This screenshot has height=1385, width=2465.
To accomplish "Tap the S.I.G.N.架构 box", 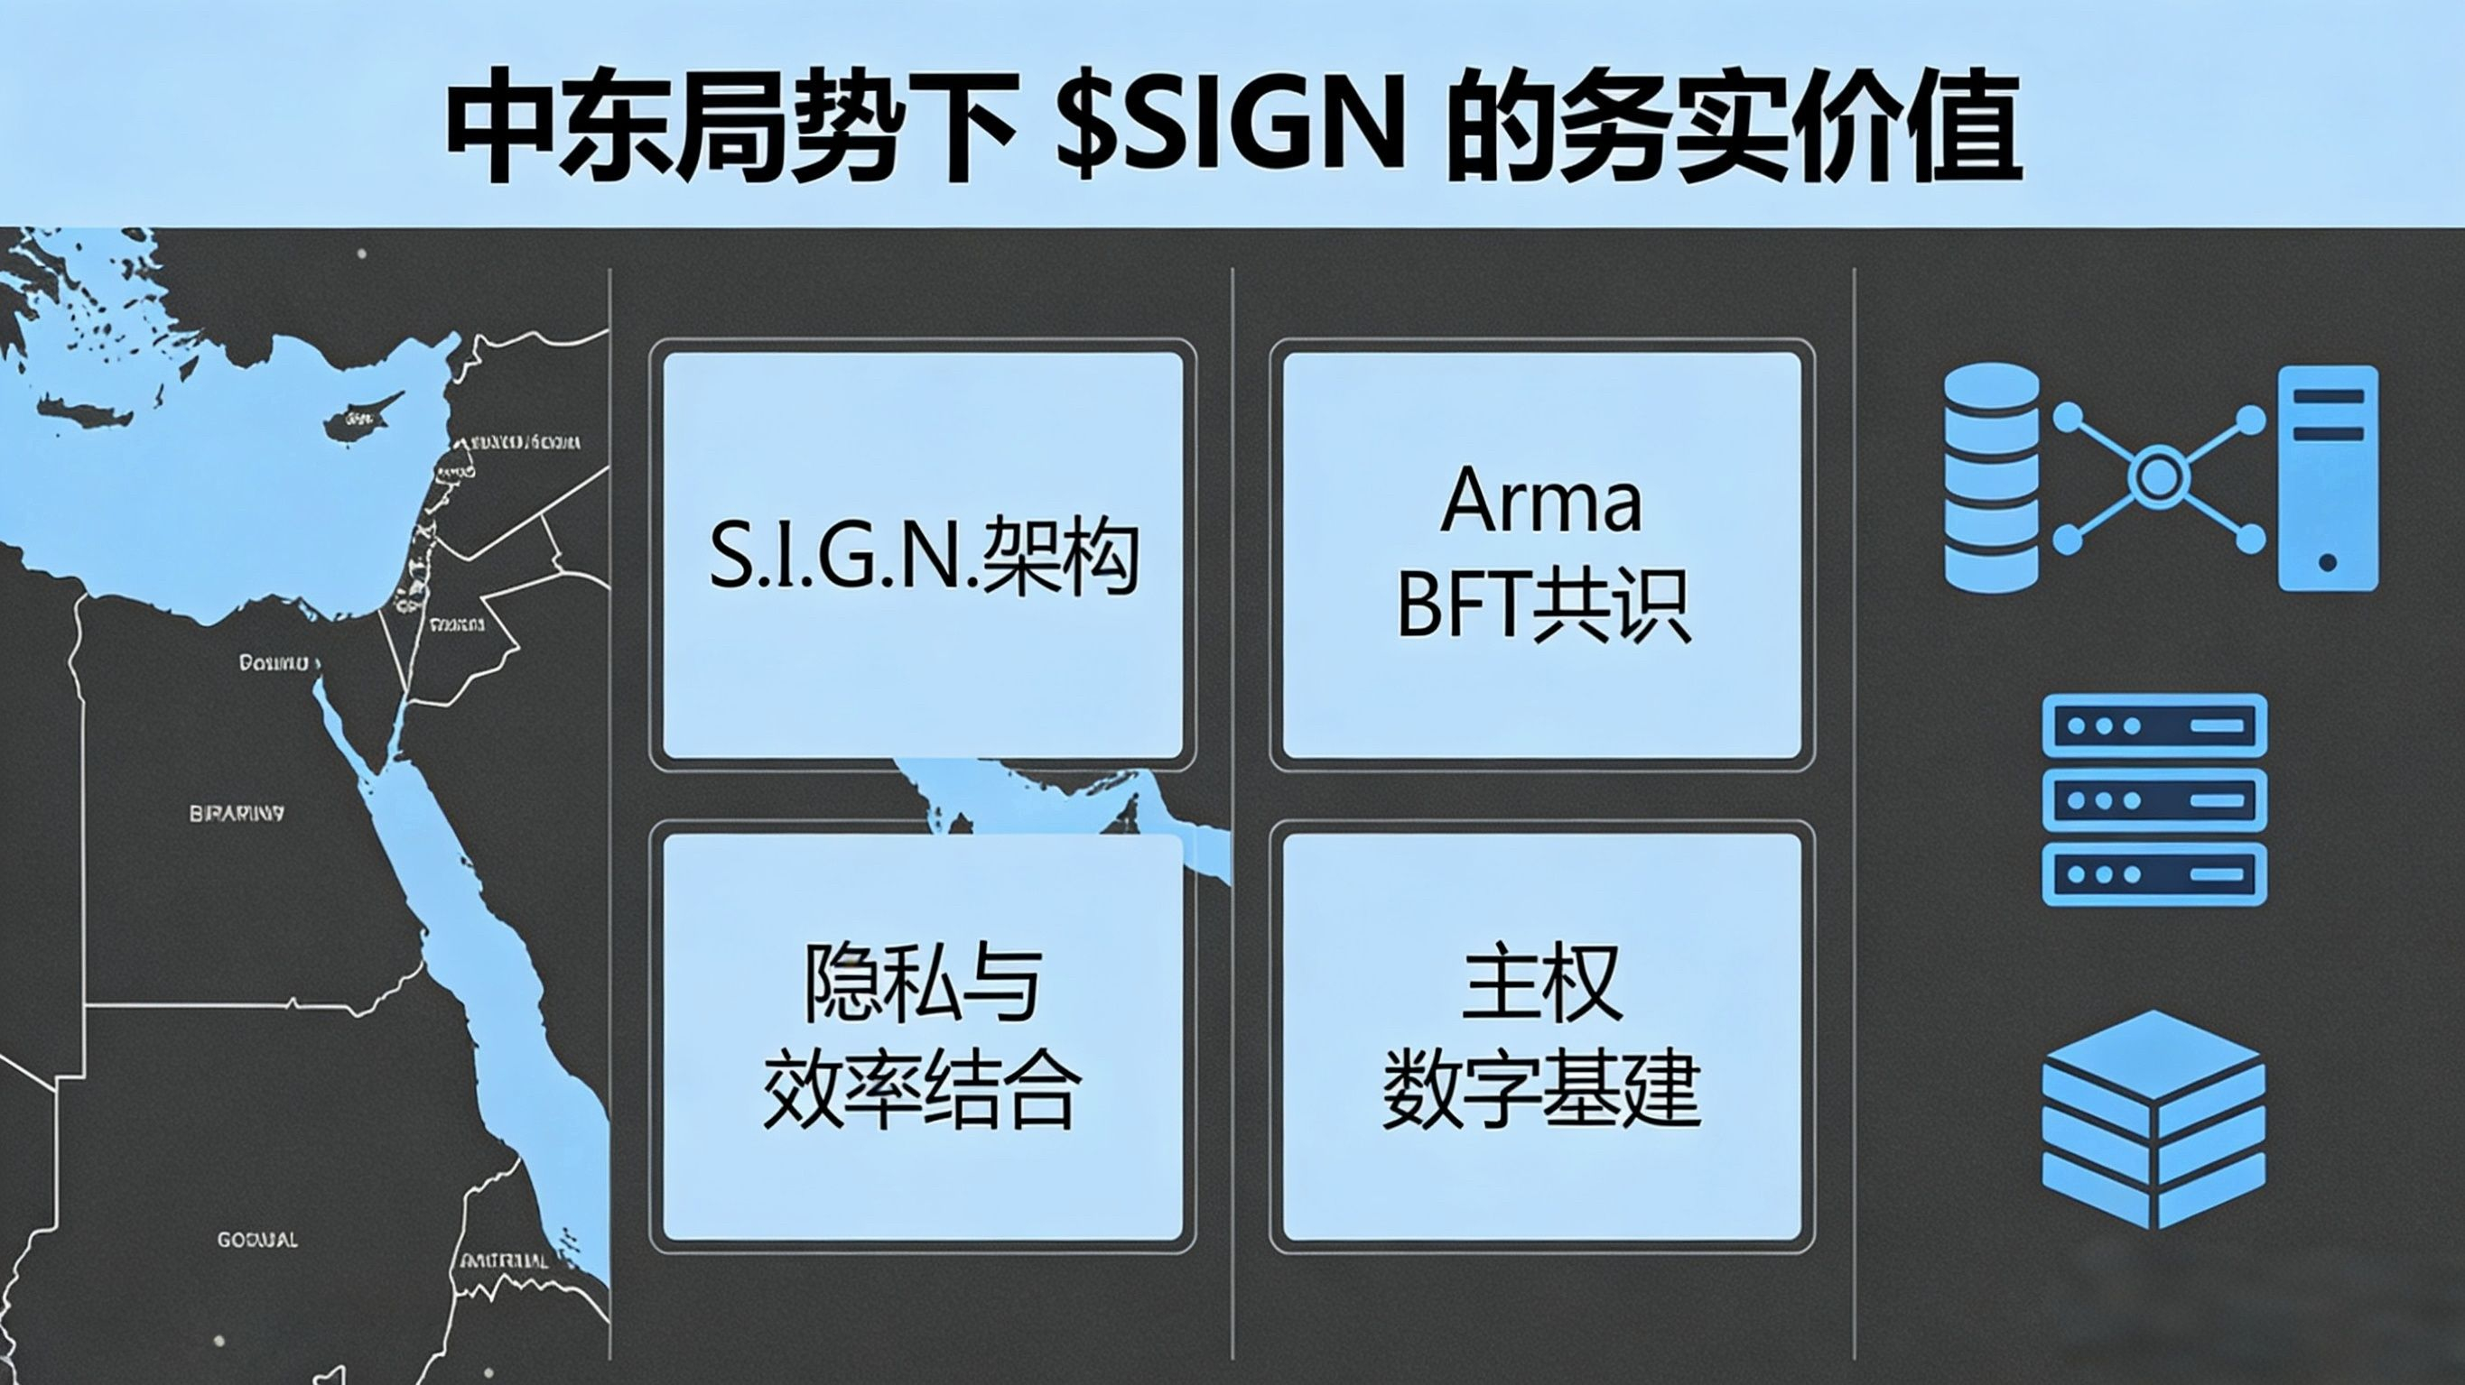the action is coord(923,555).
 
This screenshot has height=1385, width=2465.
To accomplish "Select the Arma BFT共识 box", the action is coord(1541,555).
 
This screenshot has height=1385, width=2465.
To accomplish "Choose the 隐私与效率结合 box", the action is coord(923,1037).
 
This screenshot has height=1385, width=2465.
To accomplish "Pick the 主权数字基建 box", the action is coord(1541,1037).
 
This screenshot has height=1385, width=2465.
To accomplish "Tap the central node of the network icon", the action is coord(2158,476).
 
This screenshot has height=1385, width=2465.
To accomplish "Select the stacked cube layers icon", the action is coord(2153,1119).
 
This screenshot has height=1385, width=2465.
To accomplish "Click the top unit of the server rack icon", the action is coord(2154,725).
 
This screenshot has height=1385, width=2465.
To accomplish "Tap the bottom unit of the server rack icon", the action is coord(2154,873).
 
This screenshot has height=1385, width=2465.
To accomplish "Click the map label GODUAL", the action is coord(256,1240).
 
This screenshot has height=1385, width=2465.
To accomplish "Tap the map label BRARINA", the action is coord(237,814).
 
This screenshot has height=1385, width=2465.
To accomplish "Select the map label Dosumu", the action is coord(274,662).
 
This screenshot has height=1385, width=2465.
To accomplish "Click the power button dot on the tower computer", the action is coord(2327,562).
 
